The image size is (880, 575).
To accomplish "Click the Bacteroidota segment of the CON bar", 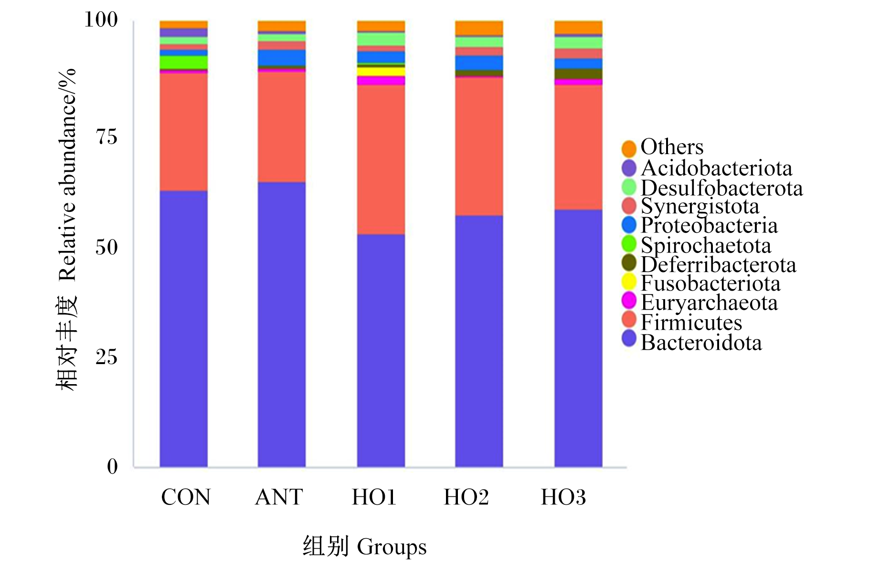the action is click(183, 329).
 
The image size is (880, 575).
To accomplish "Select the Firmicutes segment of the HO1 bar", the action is click(381, 159).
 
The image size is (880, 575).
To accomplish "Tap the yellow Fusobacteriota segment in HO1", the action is click(381, 72).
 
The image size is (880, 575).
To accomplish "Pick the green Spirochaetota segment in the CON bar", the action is click(183, 62).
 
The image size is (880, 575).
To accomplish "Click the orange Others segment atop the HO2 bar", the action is click(479, 28).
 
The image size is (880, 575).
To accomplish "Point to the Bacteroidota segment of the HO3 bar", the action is click(578, 338).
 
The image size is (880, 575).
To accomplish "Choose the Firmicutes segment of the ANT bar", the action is click(282, 127).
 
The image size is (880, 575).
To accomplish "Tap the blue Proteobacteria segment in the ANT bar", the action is click(282, 58).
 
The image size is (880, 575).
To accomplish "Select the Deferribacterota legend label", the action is click(718, 264).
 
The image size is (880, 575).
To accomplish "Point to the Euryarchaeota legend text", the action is click(709, 303).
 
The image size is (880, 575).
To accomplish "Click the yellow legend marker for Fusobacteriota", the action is click(629, 282).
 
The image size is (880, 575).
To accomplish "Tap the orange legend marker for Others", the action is click(629, 148).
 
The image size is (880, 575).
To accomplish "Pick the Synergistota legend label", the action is click(700, 207).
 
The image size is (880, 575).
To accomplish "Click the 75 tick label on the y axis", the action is click(106, 137).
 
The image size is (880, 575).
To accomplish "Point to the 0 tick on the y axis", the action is click(112, 466).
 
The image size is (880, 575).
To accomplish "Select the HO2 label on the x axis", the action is click(467, 497).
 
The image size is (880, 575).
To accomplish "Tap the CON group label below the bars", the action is click(186, 497).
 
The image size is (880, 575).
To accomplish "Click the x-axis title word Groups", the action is click(392, 547).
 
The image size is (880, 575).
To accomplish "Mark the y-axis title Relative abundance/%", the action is click(67, 175).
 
